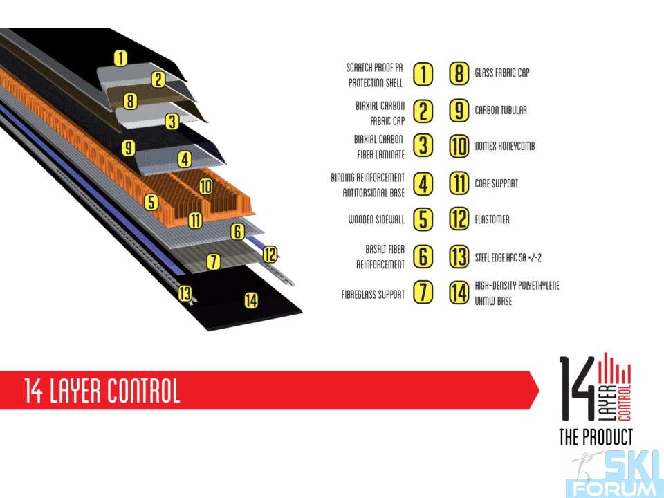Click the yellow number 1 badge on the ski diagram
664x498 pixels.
click(x=120, y=58)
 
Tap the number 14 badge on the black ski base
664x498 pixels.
click(x=251, y=300)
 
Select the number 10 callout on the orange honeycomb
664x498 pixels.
click(x=205, y=186)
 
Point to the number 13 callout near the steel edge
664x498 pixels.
click(x=185, y=293)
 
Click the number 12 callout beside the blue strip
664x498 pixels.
click(x=270, y=255)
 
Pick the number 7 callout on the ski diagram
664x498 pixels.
click(x=214, y=261)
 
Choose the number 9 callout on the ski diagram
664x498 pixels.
click(x=129, y=149)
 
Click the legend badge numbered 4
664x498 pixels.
click(x=423, y=184)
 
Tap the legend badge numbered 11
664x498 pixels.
click(x=459, y=183)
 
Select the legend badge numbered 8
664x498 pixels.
click(x=459, y=73)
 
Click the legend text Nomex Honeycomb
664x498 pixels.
click(x=505, y=146)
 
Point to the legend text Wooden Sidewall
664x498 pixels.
click(x=376, y=219)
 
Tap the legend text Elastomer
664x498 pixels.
click(x=492, y=219)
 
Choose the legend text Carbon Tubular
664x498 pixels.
click(x=501, y=110)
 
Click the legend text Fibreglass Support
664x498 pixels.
click(x=373, y=295)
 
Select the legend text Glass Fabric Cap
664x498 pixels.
click(x=502, y=73)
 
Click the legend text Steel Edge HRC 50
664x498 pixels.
click(x=508, y=257)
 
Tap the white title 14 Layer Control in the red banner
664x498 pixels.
click(x=102, y=390)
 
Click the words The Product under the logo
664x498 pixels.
click(x=596, y=437)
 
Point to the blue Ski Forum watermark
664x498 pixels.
click(x=614, y=474)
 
